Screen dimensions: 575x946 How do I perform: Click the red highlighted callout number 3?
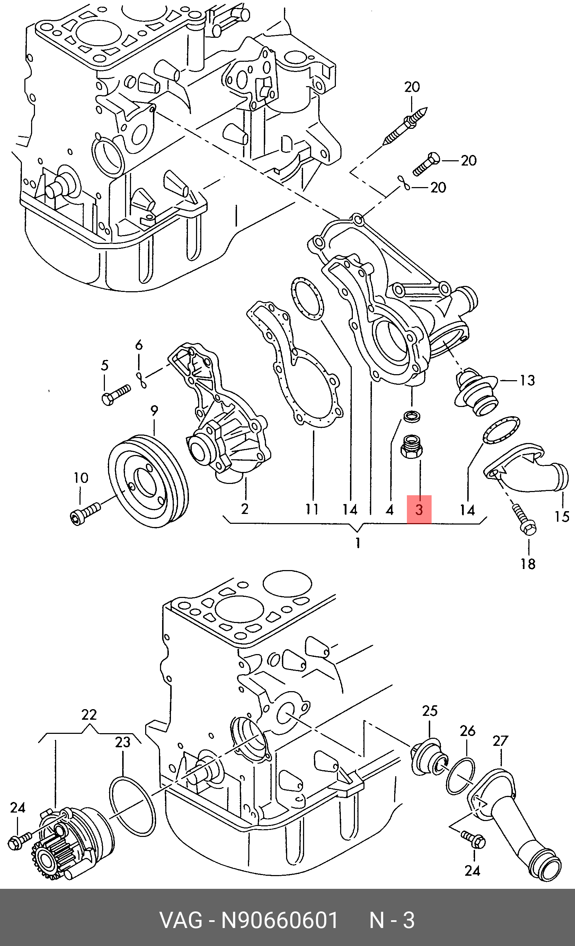pyautogui.click(x=419, y=509)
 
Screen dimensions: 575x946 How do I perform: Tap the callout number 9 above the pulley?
pyautogui.click(x=154, y=411)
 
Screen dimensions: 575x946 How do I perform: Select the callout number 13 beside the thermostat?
pyautogui.click(x=527, y=380)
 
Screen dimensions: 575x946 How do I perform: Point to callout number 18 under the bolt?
pyautogui.click(x=528, y=564)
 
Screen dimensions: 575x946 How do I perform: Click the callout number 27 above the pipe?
pyautogui.click(x=500, y=741)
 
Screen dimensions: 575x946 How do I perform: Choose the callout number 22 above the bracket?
pyautogui.click(x=89, y=714)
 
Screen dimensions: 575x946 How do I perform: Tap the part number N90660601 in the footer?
pyautogui.click(x=280, y=920)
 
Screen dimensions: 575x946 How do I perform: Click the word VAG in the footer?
pyautogui.click(x=181, y=920)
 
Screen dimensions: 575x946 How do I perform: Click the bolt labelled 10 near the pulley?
pyautogui.click(x=86, y=513)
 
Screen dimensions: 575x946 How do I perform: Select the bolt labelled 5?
pyautogui.click(x=116, y=394)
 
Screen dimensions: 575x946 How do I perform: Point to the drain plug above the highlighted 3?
pyautogui.click(x=411, y=447)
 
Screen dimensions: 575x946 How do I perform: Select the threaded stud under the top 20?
pyautogui.click(x=405, y=126)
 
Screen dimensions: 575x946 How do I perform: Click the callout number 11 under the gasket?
pyautogui.click(x=312, y=509)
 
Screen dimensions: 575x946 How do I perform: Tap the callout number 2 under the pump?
pyautogui.click(x=245, y=509)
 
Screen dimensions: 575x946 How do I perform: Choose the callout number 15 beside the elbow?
pyautogui.click(x=562, y=516)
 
